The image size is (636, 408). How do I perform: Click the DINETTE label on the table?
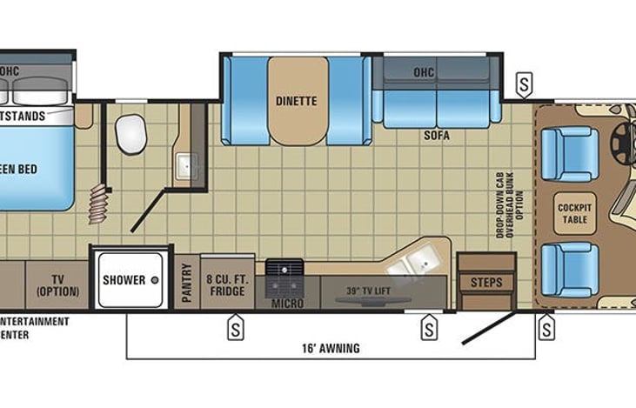[x=298, y=101]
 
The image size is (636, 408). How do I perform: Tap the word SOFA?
[x=436, y=136]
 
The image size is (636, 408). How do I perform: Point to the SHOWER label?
[x=124, y=279]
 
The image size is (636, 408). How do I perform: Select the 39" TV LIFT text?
[x=365, y=289]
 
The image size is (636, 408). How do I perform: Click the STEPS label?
[x=486, y=283]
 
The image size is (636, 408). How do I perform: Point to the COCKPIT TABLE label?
[x=575, y=213]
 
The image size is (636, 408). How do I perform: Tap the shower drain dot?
[x=155, y=280]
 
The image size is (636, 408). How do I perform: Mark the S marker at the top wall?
[x=525, y=85]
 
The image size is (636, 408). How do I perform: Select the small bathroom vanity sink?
[x=187, y=165]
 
